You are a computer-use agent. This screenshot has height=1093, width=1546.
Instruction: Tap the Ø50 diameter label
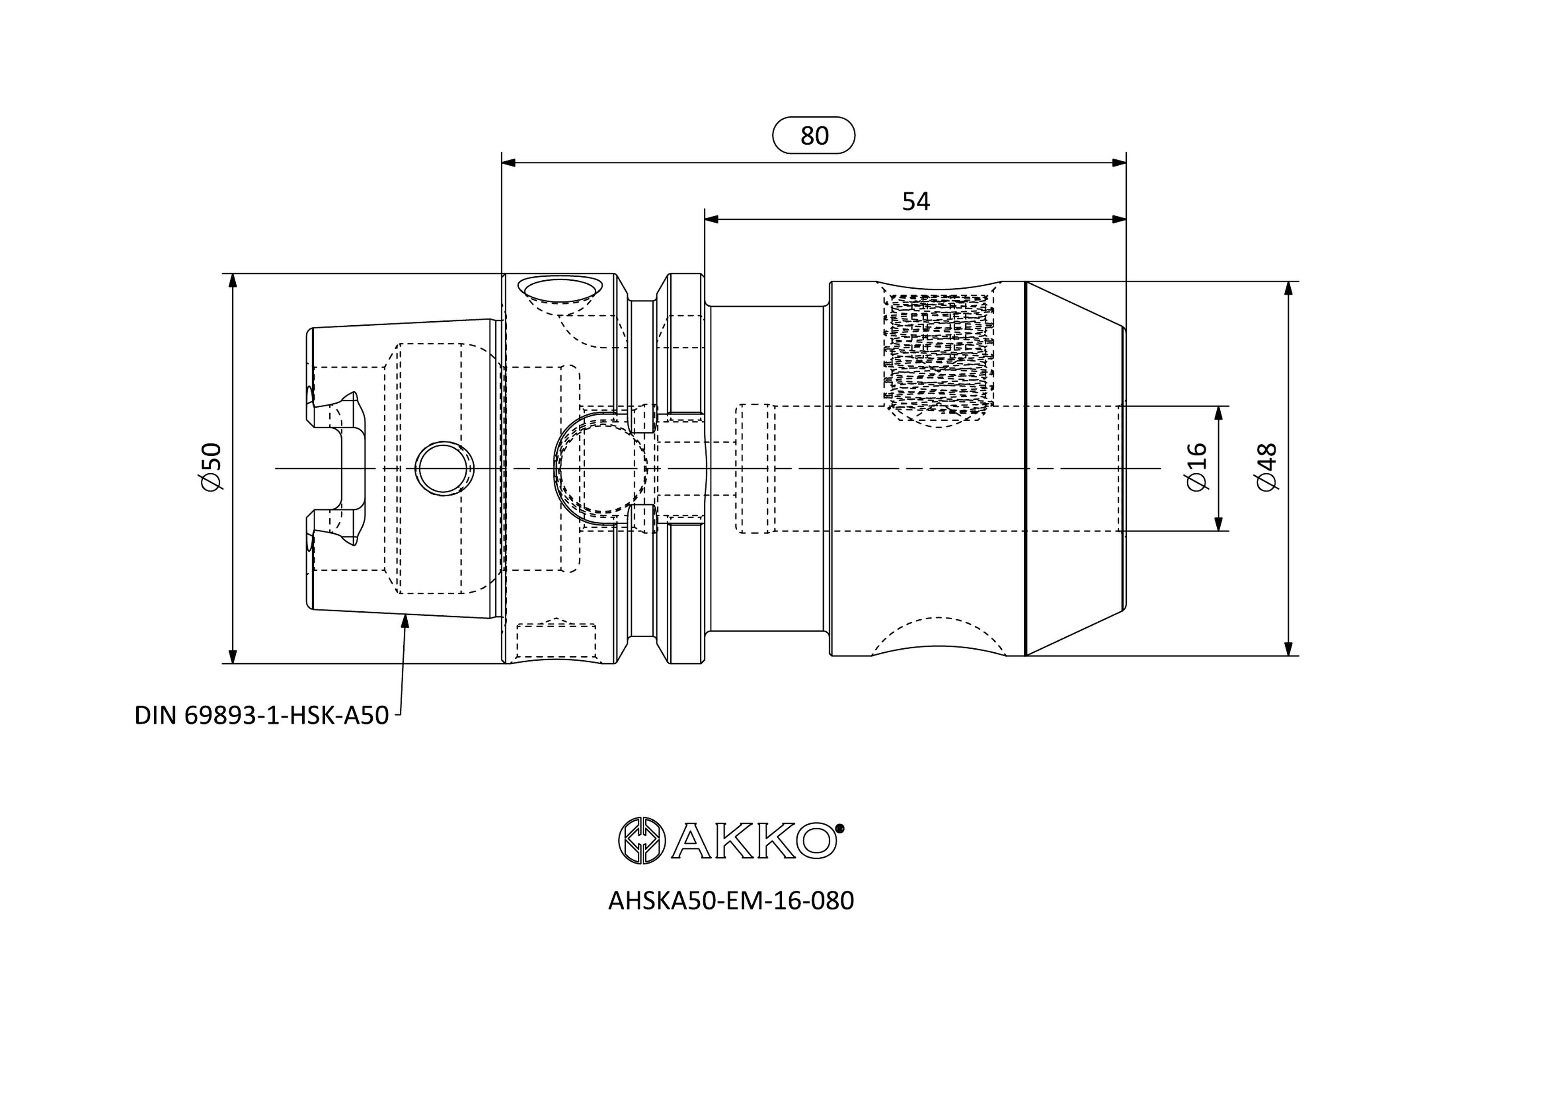tap(210, 467)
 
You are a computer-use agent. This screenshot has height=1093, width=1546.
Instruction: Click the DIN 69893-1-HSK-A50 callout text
tap(262, 715)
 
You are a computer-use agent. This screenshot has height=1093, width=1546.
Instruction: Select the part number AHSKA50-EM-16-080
tap(731, 900)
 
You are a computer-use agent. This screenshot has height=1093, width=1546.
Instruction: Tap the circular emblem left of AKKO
tap(642, 840)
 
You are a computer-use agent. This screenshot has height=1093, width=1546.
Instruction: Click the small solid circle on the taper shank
tap(444, 469)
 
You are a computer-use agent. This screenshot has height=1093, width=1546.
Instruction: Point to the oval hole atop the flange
tap(560, 290)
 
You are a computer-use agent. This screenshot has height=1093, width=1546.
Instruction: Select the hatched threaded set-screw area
tap(940, 353)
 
